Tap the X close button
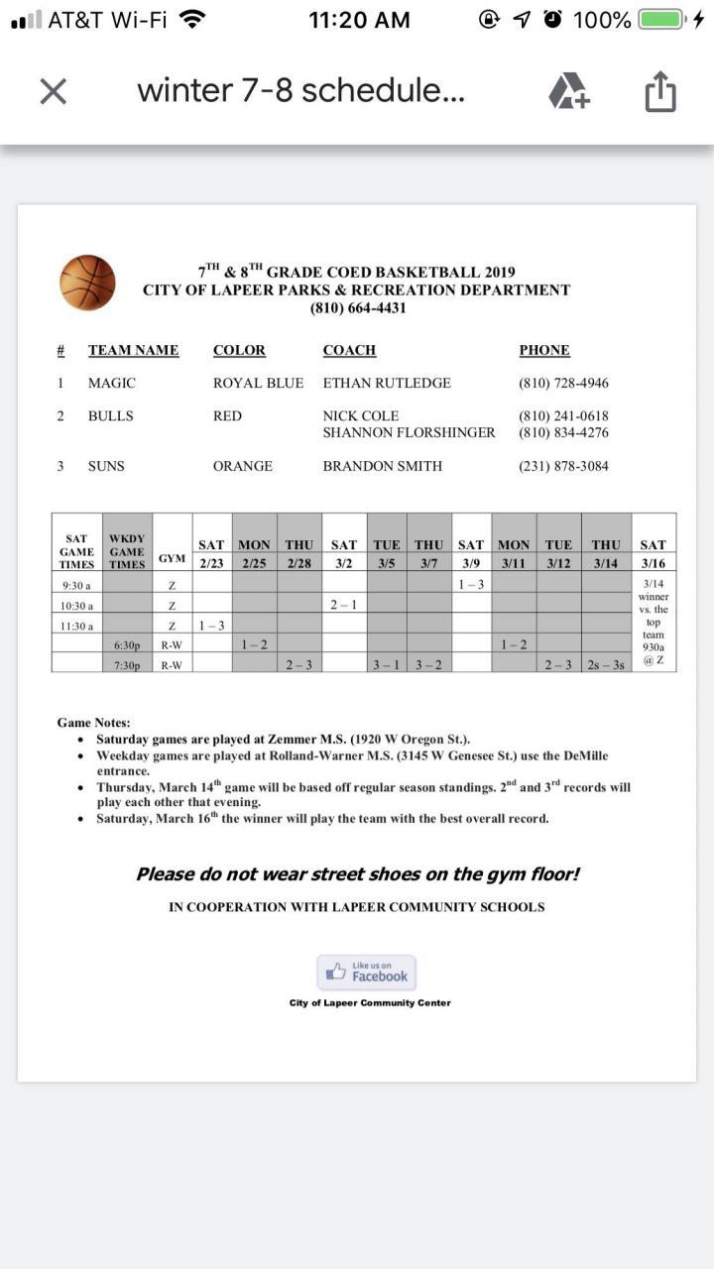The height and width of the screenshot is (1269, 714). (53, 91)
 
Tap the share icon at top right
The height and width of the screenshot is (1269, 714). (660, 92)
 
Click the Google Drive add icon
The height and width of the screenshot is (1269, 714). (569, 91)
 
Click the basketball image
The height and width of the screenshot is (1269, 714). (87, 283)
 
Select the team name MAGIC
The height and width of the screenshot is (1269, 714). (112, 383)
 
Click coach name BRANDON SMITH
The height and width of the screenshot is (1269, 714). (383, 466)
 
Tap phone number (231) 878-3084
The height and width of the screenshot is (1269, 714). (563, 466)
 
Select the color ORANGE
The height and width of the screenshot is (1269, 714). (243, 466)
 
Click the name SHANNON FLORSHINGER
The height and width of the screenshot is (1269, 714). (409, 432)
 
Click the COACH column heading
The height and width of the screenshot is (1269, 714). (349, 350)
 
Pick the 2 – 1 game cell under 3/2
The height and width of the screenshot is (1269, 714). (344, 605)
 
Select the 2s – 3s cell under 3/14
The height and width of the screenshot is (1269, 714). (606, 664)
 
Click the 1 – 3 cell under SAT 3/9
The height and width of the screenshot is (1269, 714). (471, 585)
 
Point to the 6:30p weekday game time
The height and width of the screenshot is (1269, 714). (127, 645)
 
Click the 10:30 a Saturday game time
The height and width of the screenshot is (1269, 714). (77, 606)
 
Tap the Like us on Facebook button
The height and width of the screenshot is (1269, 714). (367, 973)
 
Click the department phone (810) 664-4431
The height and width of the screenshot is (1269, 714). (357, 307)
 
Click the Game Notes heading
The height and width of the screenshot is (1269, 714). (93, 723)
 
